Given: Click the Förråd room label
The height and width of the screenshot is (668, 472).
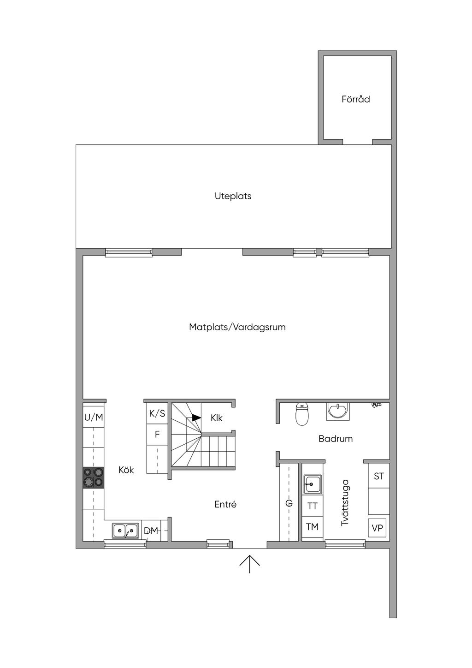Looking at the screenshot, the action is pos(355,99).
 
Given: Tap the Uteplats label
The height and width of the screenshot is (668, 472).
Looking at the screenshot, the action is pos(233,196).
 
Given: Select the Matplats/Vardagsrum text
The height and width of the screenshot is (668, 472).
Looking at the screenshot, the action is pos(237,327).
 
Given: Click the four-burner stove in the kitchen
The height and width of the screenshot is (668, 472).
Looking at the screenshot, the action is pos(94,477).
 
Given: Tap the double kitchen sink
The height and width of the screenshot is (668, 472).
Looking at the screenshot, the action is pos(125,531).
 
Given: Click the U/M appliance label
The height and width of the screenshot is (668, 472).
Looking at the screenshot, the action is pos(94,417).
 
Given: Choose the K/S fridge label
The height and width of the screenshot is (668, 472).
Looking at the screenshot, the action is pos(157,413).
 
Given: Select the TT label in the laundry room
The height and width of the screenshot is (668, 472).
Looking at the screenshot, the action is pos(312,506).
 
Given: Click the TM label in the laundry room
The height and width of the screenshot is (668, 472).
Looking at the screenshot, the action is pos(312,527).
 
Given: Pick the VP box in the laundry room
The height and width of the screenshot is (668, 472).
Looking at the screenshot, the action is pos(377,528).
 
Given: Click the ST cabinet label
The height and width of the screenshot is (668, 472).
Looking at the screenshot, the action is pos(379,476).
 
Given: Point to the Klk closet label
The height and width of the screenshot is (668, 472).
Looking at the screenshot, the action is pos(216,418).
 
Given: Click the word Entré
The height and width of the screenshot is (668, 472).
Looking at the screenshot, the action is pos(225,504).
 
